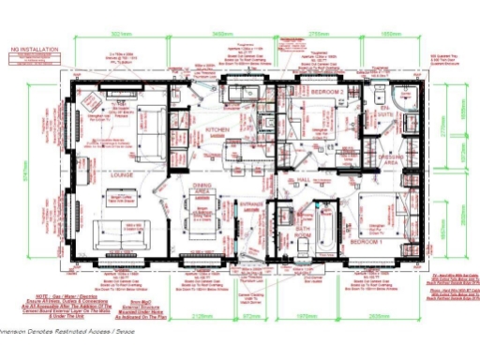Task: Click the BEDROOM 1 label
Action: tap(366, 242)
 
